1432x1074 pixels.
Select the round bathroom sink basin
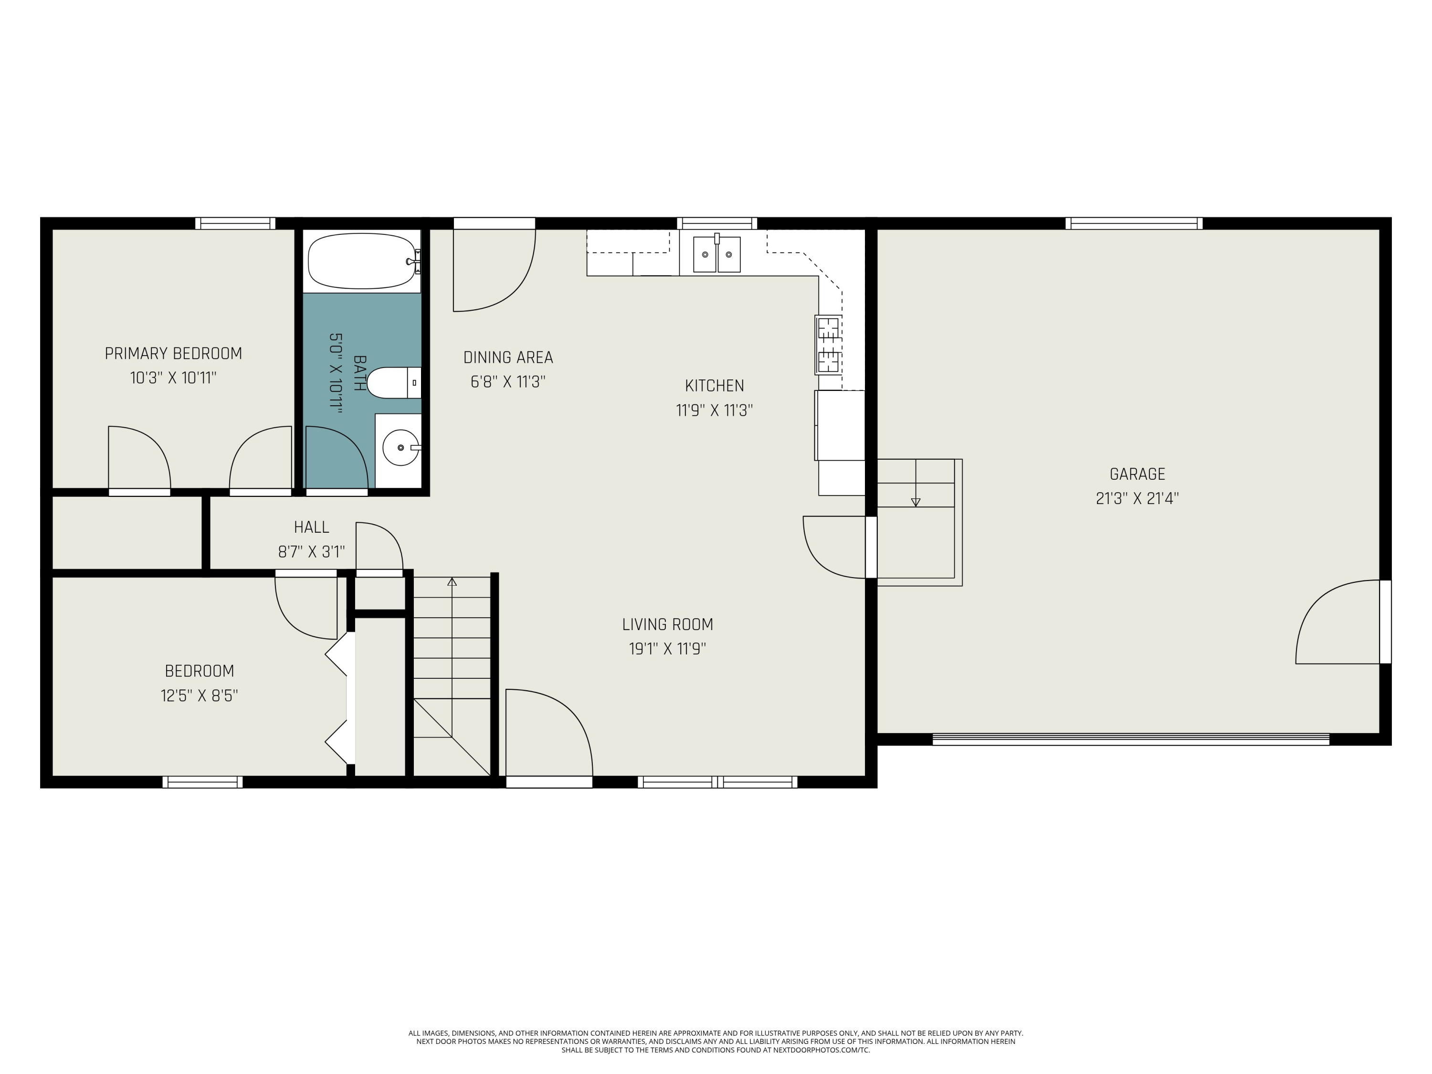tap(400, 447)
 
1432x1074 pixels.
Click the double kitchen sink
tap(716, 254)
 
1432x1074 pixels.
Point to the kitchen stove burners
tap(828, 345)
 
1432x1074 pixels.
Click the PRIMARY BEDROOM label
tap(173, 354)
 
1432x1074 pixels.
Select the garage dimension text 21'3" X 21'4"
tap(1137, 498)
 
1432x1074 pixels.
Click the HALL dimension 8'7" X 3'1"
tap(311, 552)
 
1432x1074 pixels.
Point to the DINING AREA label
tap(508, 358)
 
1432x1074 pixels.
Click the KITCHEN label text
tap(714, 386)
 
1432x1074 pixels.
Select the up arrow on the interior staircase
tap(452, 582)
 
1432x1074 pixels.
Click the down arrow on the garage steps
tap(916, 502)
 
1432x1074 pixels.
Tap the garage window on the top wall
tap(1134, 223)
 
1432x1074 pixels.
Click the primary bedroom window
tap(236, 223)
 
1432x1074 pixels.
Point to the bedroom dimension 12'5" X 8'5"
tap(200, 695)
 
